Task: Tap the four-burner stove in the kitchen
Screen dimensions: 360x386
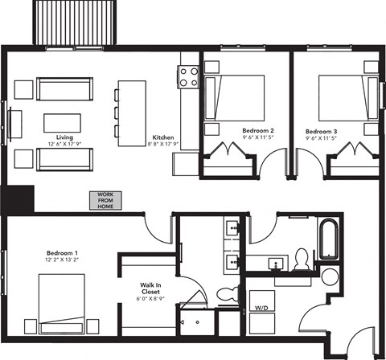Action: point(189,77)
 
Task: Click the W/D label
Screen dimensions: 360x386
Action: point(261,308)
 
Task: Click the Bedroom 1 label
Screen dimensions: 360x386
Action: point(62,252)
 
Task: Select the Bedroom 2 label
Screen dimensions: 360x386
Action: point(258,129)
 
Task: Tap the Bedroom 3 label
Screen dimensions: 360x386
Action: point(321,129)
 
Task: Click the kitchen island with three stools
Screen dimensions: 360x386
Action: point(133,112)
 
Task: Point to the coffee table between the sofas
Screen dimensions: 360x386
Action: point(61,122)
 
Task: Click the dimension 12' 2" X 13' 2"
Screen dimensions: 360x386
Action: point(62,260)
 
